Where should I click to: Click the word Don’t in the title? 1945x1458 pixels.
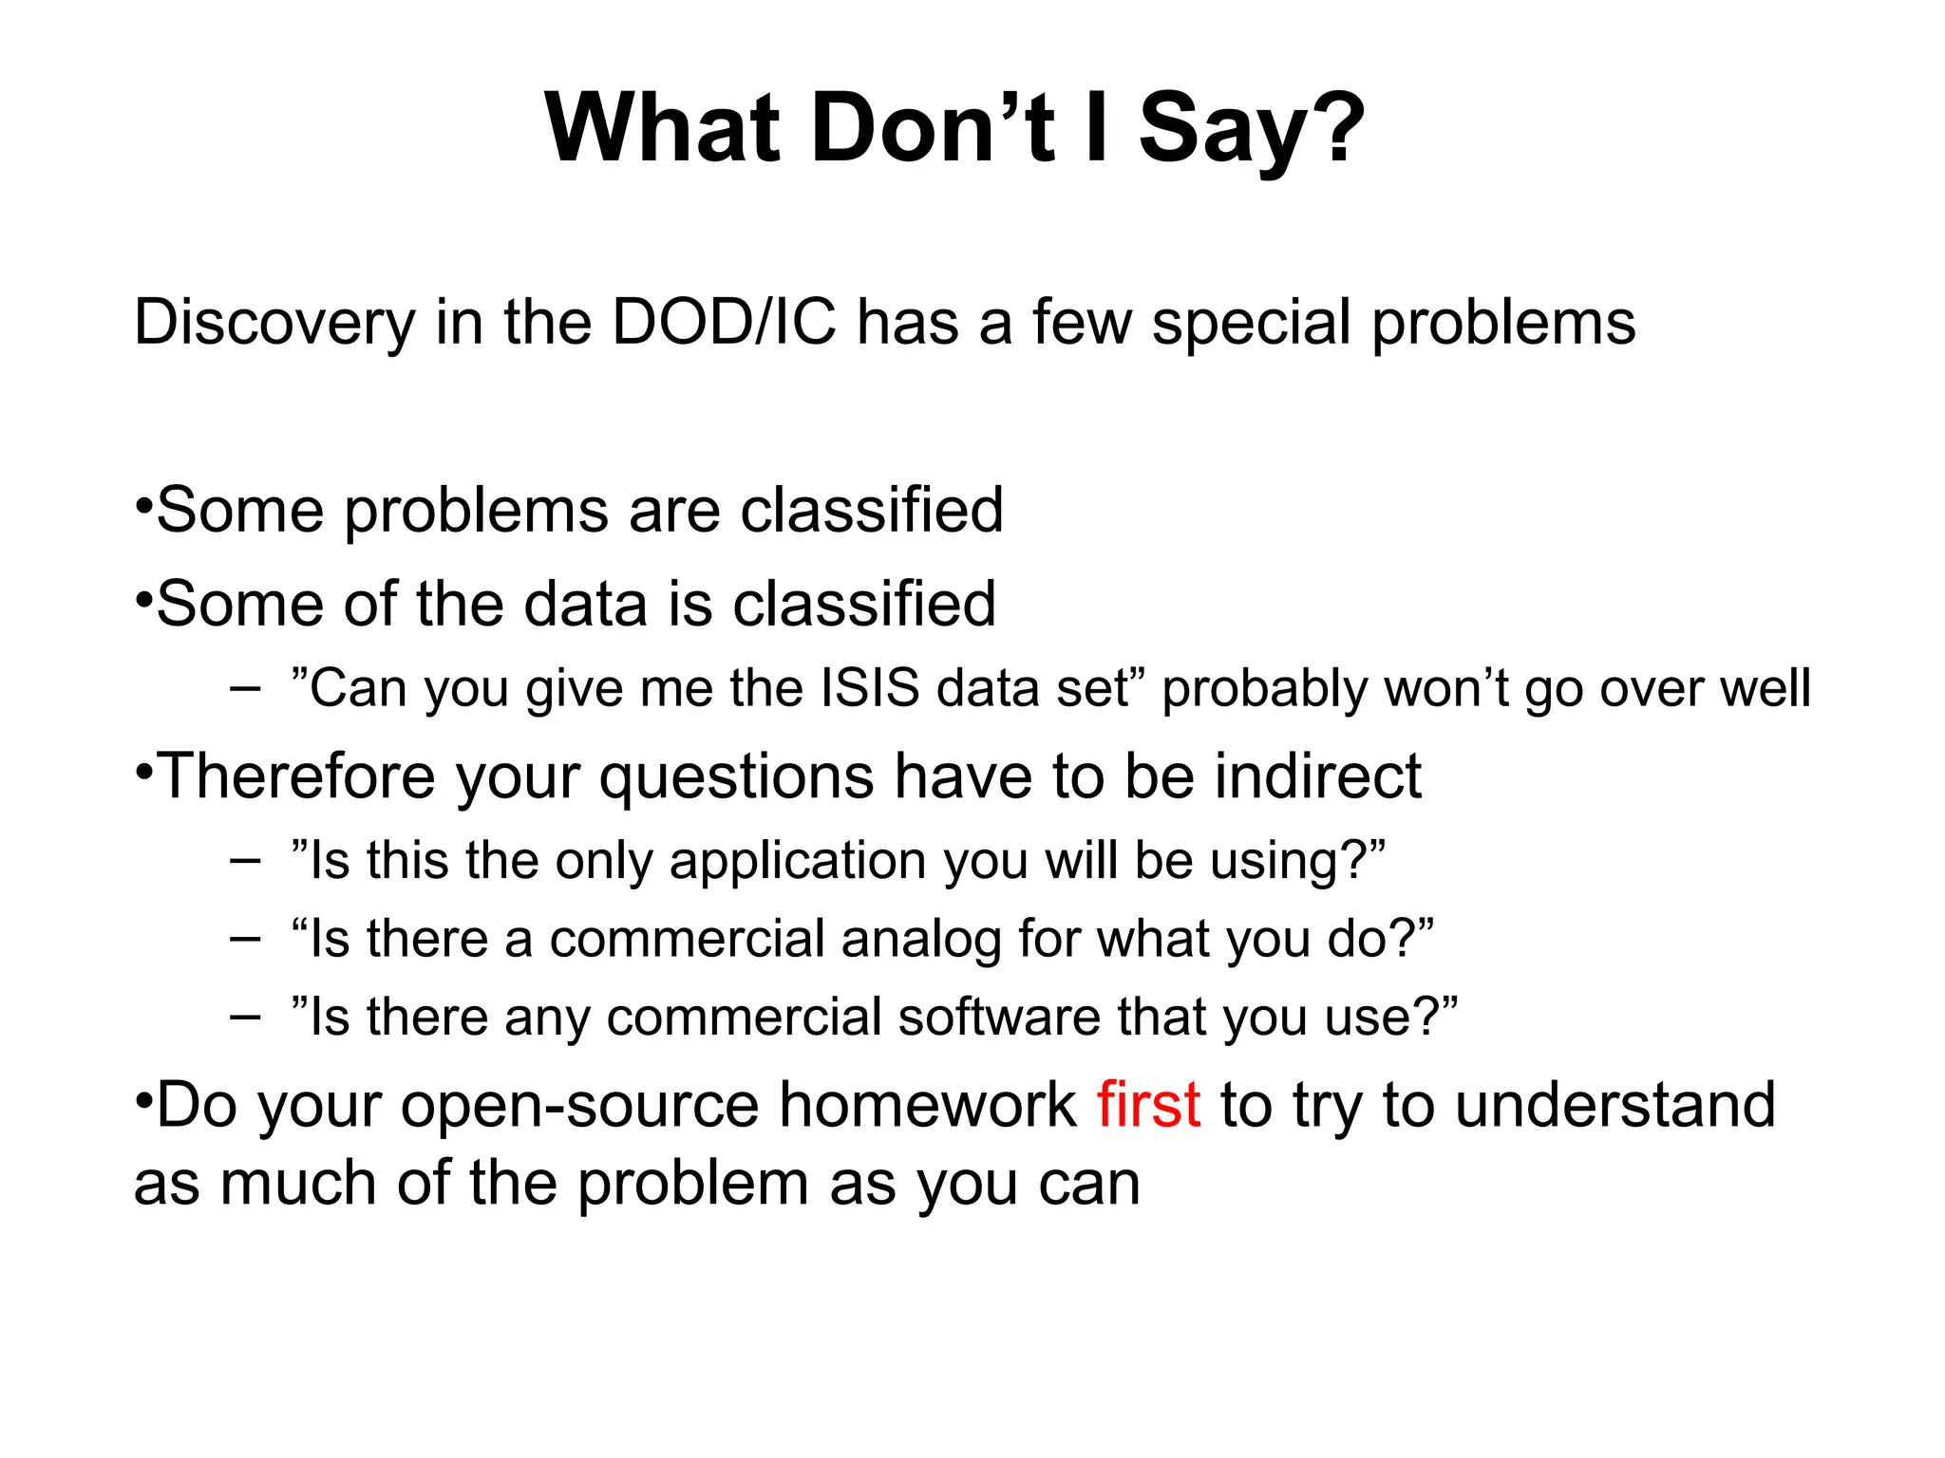[x=933, y=128]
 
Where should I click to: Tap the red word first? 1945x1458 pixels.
[x=1148, y=1105]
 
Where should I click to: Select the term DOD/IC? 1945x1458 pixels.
[x=724, y=322]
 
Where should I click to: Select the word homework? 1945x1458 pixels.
[x=928, y=1105]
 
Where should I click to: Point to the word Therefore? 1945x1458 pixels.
[x=297, y=776]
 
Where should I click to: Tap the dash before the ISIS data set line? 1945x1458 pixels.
[x=245, y=689]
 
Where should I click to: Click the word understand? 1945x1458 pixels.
[x=1615, y=1105]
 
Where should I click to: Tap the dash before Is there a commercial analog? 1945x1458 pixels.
[x=245, y=940]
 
